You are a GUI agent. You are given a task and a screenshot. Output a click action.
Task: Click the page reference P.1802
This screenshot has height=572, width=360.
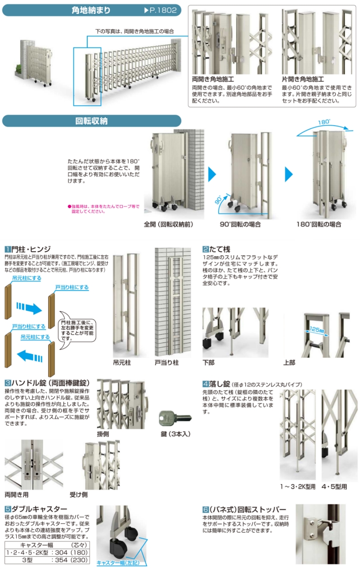[x=161, y=10]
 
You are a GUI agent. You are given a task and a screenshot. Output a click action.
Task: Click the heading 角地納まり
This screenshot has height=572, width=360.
[x=91, y=10]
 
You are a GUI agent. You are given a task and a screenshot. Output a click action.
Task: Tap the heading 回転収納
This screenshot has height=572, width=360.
[x=91, y=121]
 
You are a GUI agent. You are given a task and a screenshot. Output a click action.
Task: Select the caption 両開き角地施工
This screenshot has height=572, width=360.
[x=213, y=79]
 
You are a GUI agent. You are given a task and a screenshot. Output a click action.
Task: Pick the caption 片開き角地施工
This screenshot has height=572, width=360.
[x=302, y=79]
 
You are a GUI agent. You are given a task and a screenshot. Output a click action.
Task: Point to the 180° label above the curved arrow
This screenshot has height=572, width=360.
[x=324, y=122]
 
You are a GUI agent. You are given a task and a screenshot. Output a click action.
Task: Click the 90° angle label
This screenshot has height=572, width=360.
[x=218, y=200]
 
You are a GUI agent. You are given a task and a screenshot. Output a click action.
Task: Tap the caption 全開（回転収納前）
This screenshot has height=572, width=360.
[x=169, y=224]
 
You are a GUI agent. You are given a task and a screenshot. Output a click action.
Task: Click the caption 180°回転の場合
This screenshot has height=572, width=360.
[x=319, y=224]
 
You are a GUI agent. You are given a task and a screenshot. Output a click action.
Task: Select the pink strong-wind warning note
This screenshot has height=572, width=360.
[x=103, y=209]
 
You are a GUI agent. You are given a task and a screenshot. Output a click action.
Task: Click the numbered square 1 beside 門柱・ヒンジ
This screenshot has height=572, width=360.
[x=8, y=249]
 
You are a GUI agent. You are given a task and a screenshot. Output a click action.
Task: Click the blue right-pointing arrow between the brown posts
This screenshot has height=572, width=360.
[x=29, y=308]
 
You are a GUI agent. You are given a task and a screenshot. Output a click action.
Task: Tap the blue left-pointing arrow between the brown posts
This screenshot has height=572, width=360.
[x=30, y=356]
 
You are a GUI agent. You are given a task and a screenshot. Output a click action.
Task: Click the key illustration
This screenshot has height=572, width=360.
[x=175, y=418]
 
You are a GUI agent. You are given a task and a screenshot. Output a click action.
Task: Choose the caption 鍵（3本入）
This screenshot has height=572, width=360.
[x=175, y=434]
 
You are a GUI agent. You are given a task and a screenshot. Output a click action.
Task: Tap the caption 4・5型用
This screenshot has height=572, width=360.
[x=334, y=486]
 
